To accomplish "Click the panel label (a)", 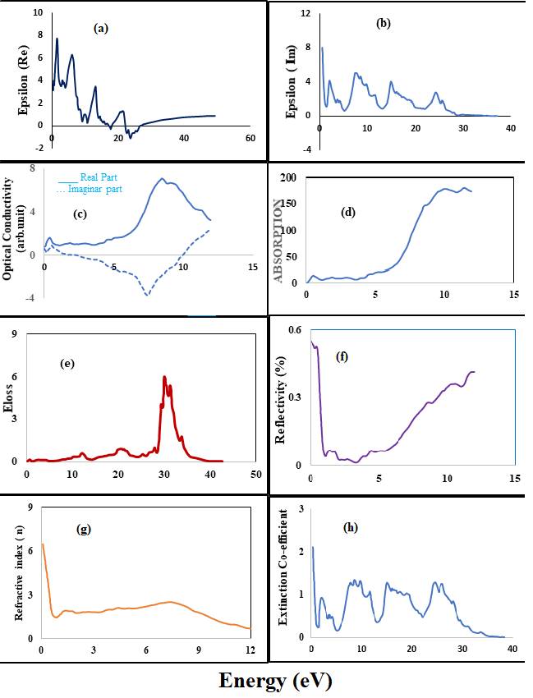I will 101,29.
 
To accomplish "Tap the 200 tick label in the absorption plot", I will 287,177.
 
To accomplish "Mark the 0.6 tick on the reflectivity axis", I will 294,329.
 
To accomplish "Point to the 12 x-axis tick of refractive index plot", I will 250,650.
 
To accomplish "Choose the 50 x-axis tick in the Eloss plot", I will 255,475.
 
